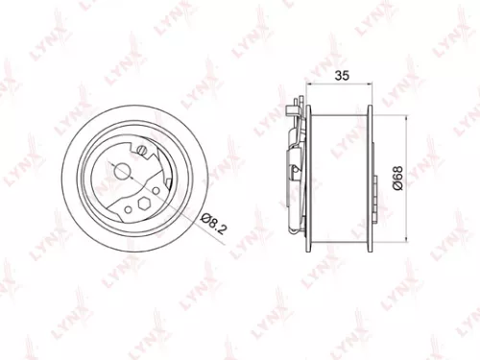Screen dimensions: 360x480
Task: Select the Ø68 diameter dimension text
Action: tap(396, 180)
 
